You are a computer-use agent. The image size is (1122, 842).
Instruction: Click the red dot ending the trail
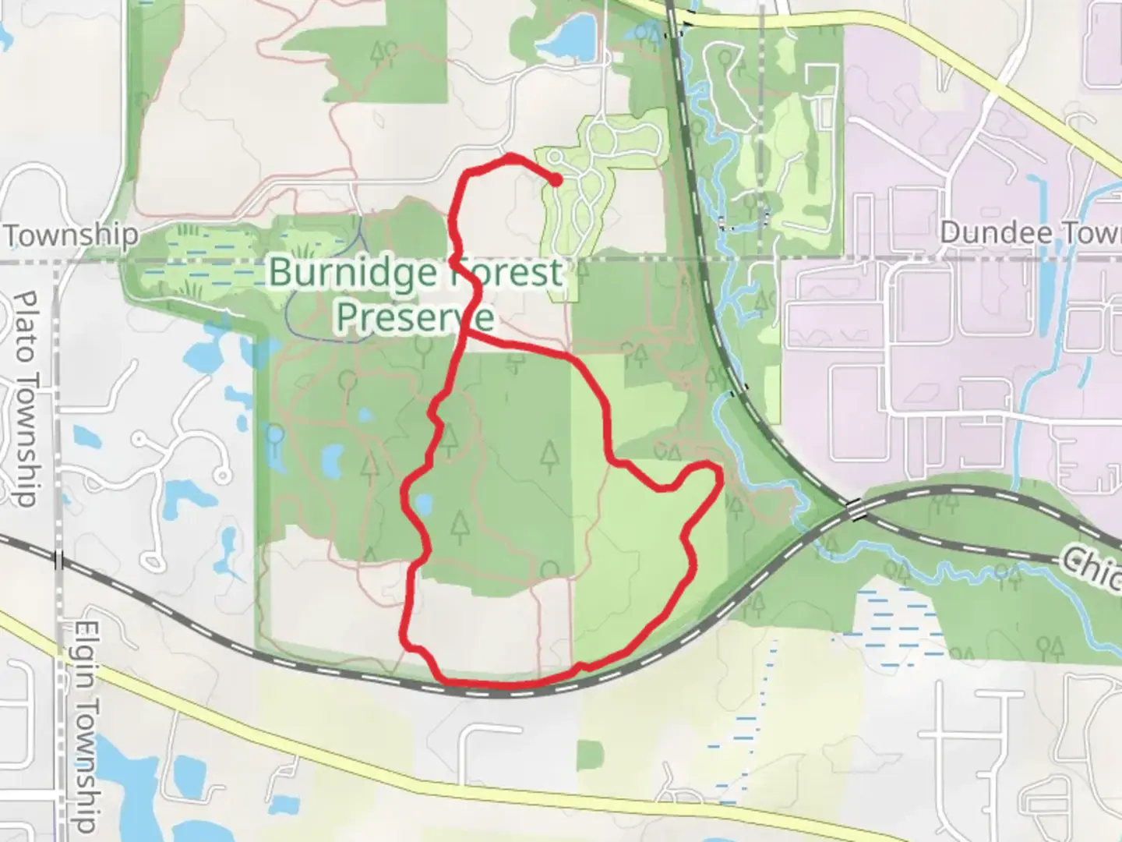[556, 180]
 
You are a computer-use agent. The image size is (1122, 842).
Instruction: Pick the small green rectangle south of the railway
[591, 755]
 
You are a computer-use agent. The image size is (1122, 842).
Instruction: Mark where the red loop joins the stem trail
[467, 335]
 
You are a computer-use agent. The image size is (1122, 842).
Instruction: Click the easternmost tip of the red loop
[718, 472]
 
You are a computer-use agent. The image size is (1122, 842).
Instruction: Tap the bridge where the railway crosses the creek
[856, 510]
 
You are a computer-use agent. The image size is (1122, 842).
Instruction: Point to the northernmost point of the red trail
[510, 157]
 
